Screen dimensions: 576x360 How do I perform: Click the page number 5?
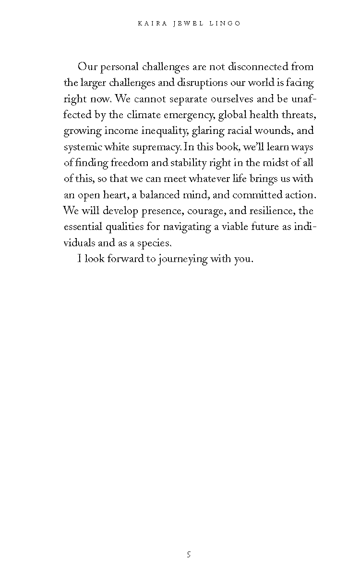click(x=189, y=555)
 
